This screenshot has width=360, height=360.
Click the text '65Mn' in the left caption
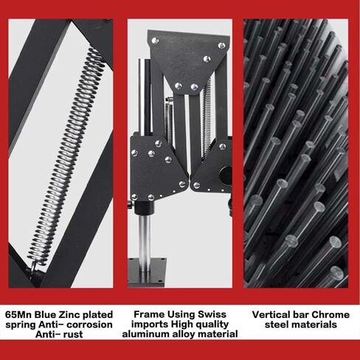(x=18, y=314)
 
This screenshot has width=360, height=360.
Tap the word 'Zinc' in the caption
(x=69, y=314)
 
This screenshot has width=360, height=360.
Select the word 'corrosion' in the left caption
(x=89, y=325)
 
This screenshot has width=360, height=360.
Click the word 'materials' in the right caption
(x=314, y=325)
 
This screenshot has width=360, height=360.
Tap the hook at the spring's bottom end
(x=34, y=267)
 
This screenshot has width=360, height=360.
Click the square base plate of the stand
(x=147, y=272)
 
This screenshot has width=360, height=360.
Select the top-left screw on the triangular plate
(x=155, y=41)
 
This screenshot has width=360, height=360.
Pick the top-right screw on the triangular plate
(x=221, y=45)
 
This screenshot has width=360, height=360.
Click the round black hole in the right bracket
(x=226, y=175)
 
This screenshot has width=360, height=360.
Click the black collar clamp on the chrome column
(x=145, y=207)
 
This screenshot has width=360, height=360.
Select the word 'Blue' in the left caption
(x=46, y=314)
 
